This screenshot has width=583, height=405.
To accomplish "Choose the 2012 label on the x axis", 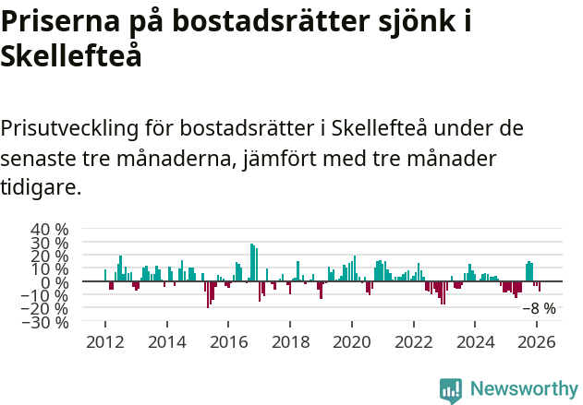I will (104, 341).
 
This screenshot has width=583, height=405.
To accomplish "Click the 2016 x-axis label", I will (228, 341).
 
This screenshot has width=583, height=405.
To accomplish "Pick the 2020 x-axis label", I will (352, 341).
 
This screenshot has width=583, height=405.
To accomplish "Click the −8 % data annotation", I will (539, 309).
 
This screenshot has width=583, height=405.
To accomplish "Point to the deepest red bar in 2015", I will (208, 294).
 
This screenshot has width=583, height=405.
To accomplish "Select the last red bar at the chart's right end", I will (540, 287).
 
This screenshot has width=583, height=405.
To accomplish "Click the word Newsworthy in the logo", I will (523, 388).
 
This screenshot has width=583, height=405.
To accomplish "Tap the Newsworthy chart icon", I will (451, 389).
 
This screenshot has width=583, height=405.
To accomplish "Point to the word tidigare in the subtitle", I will (42, 188).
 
